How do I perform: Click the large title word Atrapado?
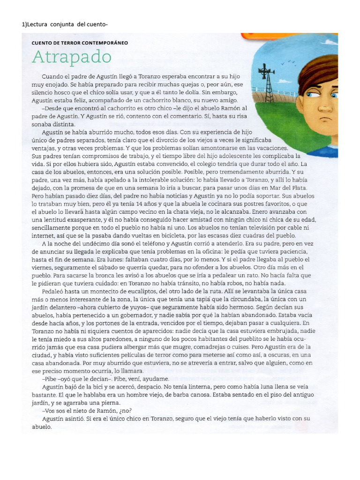click(72, 58)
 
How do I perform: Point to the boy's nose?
click(325, 109)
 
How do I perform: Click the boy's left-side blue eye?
click(312, 94)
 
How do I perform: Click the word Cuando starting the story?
click(52, 76)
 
